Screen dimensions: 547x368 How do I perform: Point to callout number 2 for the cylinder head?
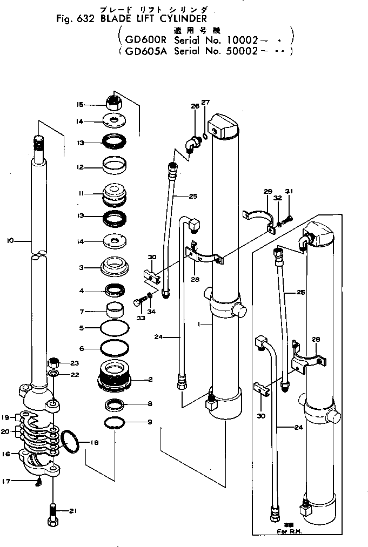(x=151, y=379)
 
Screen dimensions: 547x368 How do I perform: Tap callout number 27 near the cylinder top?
(x=205, y=103)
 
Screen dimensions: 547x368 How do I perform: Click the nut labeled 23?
(x=53, y=362)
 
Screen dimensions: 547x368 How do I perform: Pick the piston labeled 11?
(x=114, y=194)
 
